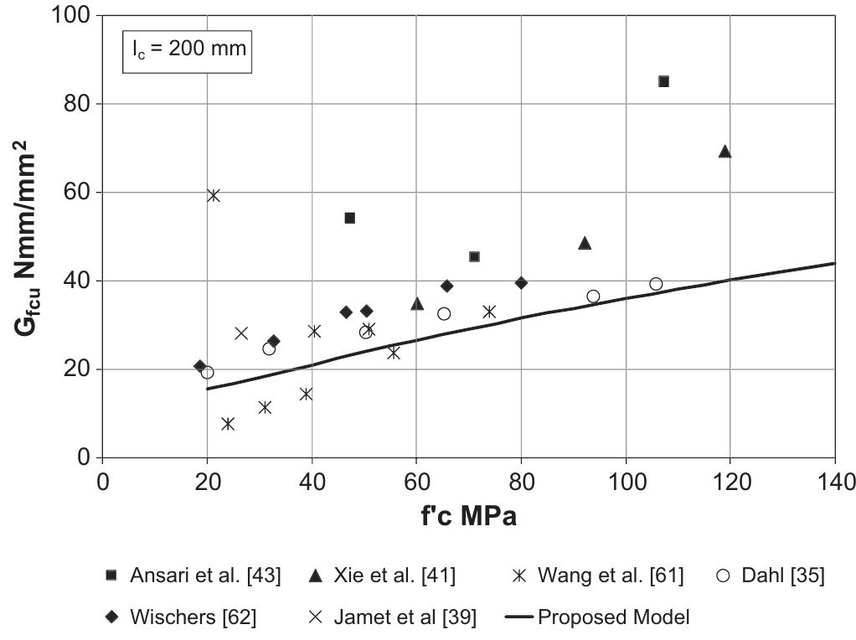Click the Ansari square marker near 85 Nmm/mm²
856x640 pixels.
point(663,81)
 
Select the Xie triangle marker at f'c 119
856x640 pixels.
point(725,152)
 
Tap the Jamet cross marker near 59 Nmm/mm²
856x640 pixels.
point(214,195)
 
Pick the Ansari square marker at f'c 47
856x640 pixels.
point(349,218)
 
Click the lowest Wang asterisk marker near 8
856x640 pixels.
point(227,424)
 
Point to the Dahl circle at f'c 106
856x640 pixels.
point(656,284)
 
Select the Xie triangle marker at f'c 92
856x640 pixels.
point(585,243)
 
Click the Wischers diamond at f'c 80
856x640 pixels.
point(521,283)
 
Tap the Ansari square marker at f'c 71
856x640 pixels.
point(474,256)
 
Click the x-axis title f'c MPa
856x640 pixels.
point(468,516)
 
